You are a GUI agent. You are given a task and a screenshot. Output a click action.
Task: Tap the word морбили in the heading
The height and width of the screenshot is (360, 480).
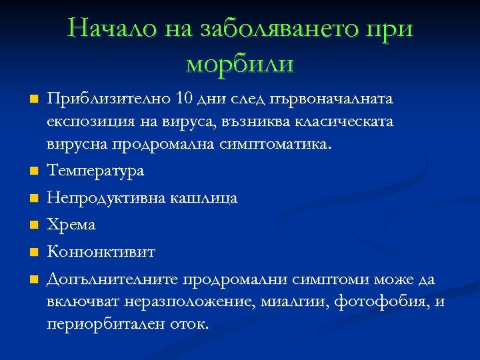click(x=240, y=65)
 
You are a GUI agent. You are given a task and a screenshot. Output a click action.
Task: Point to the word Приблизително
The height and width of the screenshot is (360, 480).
click(x=107, y=99)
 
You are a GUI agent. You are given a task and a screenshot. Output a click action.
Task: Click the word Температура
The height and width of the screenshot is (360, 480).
click(x=95, y=171)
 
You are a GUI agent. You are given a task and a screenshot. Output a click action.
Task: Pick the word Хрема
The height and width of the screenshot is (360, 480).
click(x=71, y=225)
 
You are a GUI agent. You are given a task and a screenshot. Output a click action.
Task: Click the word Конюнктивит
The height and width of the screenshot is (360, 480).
click(x=101, y=252)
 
